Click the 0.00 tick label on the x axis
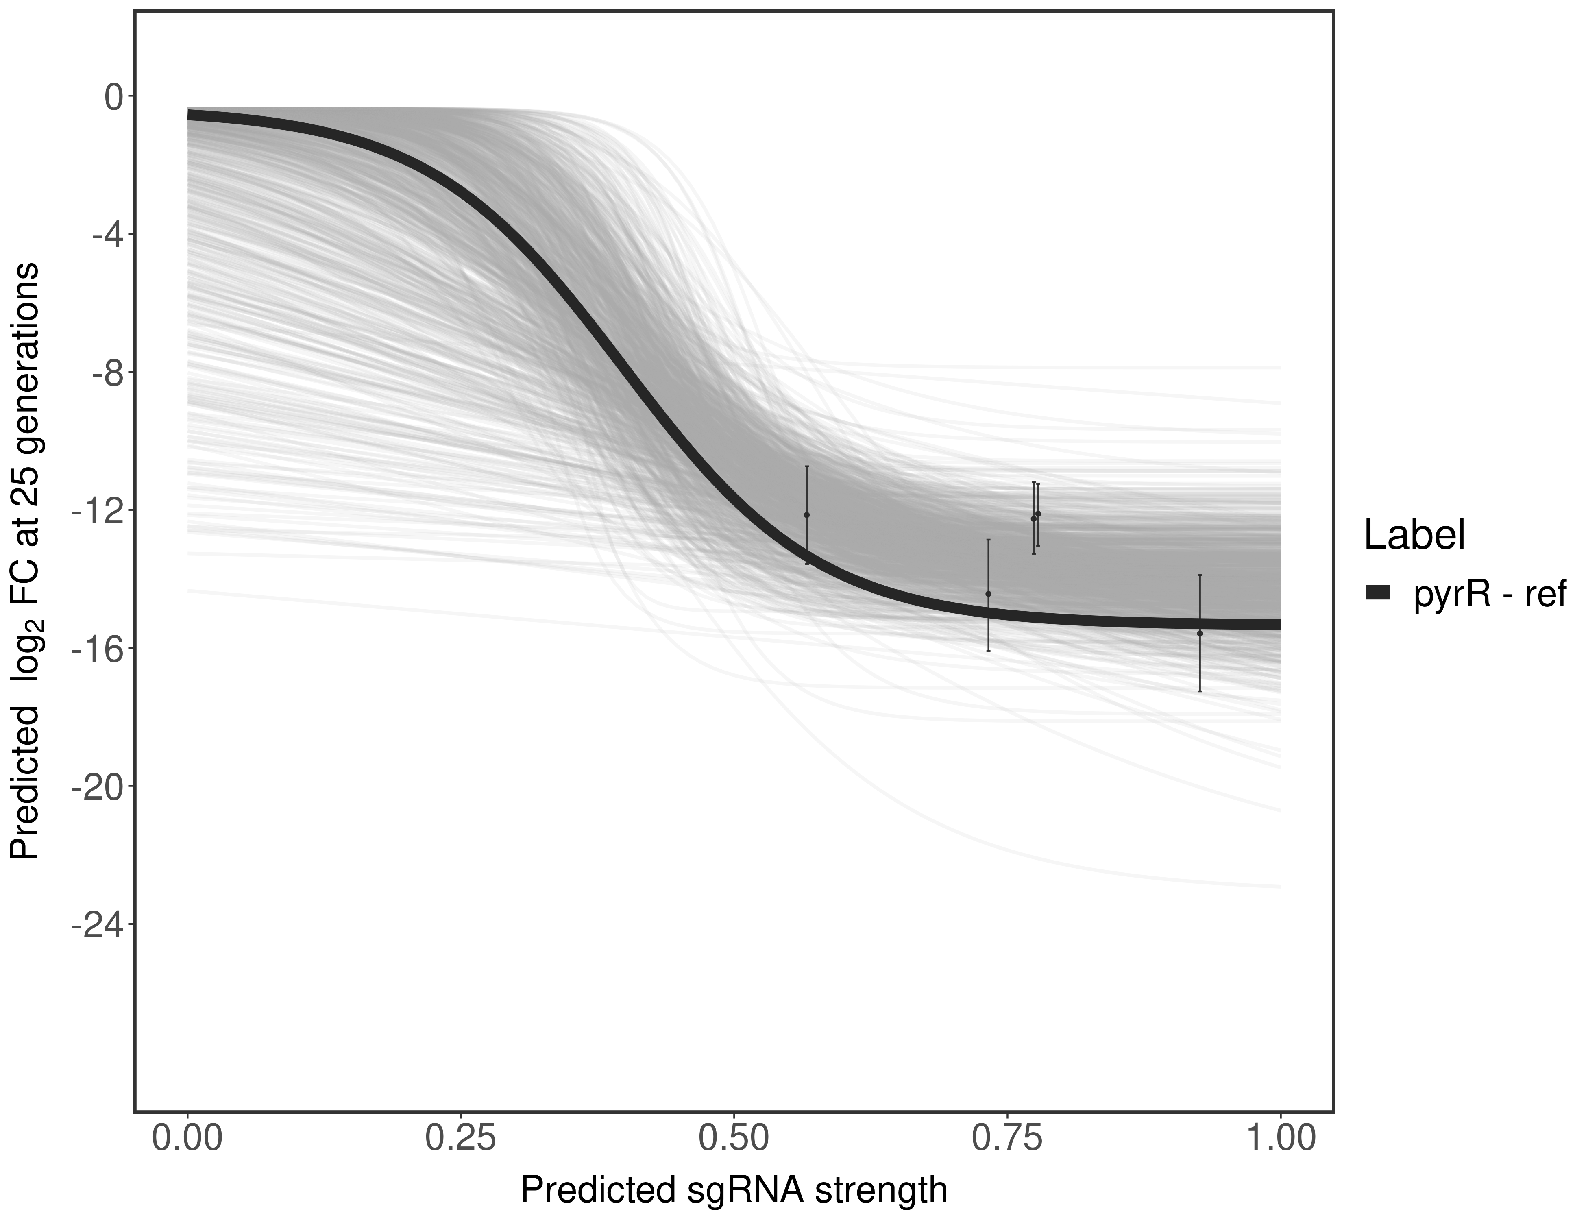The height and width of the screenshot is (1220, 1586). point(188,1138)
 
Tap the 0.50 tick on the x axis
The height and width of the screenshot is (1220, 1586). point(734,1138)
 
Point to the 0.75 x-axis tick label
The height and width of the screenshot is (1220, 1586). point(1006,1138)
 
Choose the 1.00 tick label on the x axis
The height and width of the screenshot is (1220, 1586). point(1279,1138)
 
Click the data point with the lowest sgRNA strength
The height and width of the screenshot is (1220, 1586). point(807,515)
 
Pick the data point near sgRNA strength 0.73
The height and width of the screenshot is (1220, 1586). point(988,594)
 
